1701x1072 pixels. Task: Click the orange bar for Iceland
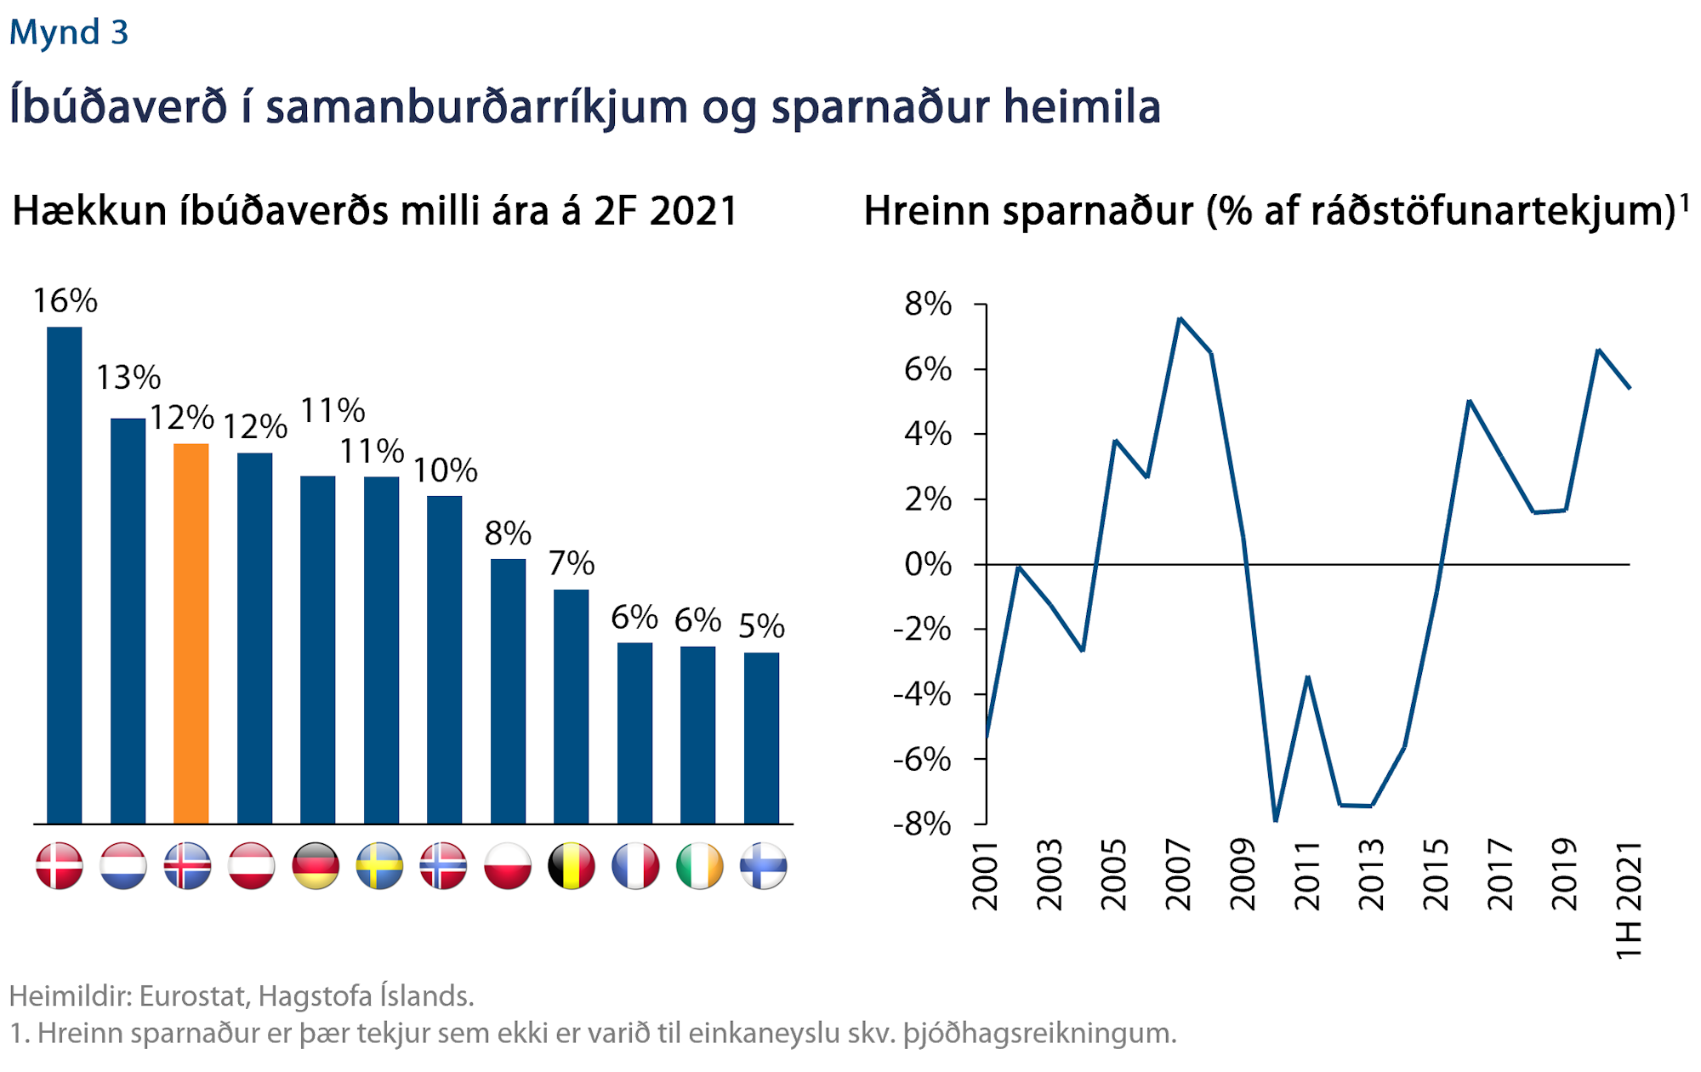(x=191, y=633)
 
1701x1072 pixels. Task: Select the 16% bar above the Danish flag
(x=64, y=575)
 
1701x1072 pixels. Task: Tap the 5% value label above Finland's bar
(x=761, y=627)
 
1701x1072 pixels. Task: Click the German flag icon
(x=316, y=866)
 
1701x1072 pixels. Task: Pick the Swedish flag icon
(x=379, y=866)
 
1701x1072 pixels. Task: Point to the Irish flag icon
(x=699, y=866)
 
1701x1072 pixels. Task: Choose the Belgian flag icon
(x=572, y=866)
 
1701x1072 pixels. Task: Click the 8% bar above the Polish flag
(x=508, y=691)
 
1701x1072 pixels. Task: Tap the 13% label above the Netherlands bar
(x=128, y=378)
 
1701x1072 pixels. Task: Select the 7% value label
(x=571, y=563)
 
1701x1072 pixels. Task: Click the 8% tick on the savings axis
(x=928, y=304)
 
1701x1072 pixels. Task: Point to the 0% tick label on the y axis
(x=928, y=564)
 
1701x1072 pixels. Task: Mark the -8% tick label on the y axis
(x=922, y=824)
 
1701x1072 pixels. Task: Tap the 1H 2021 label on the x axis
(x=1628, y=900)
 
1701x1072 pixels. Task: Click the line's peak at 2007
(x=1180, y=318)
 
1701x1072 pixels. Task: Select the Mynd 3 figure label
(x=69, y=32)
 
